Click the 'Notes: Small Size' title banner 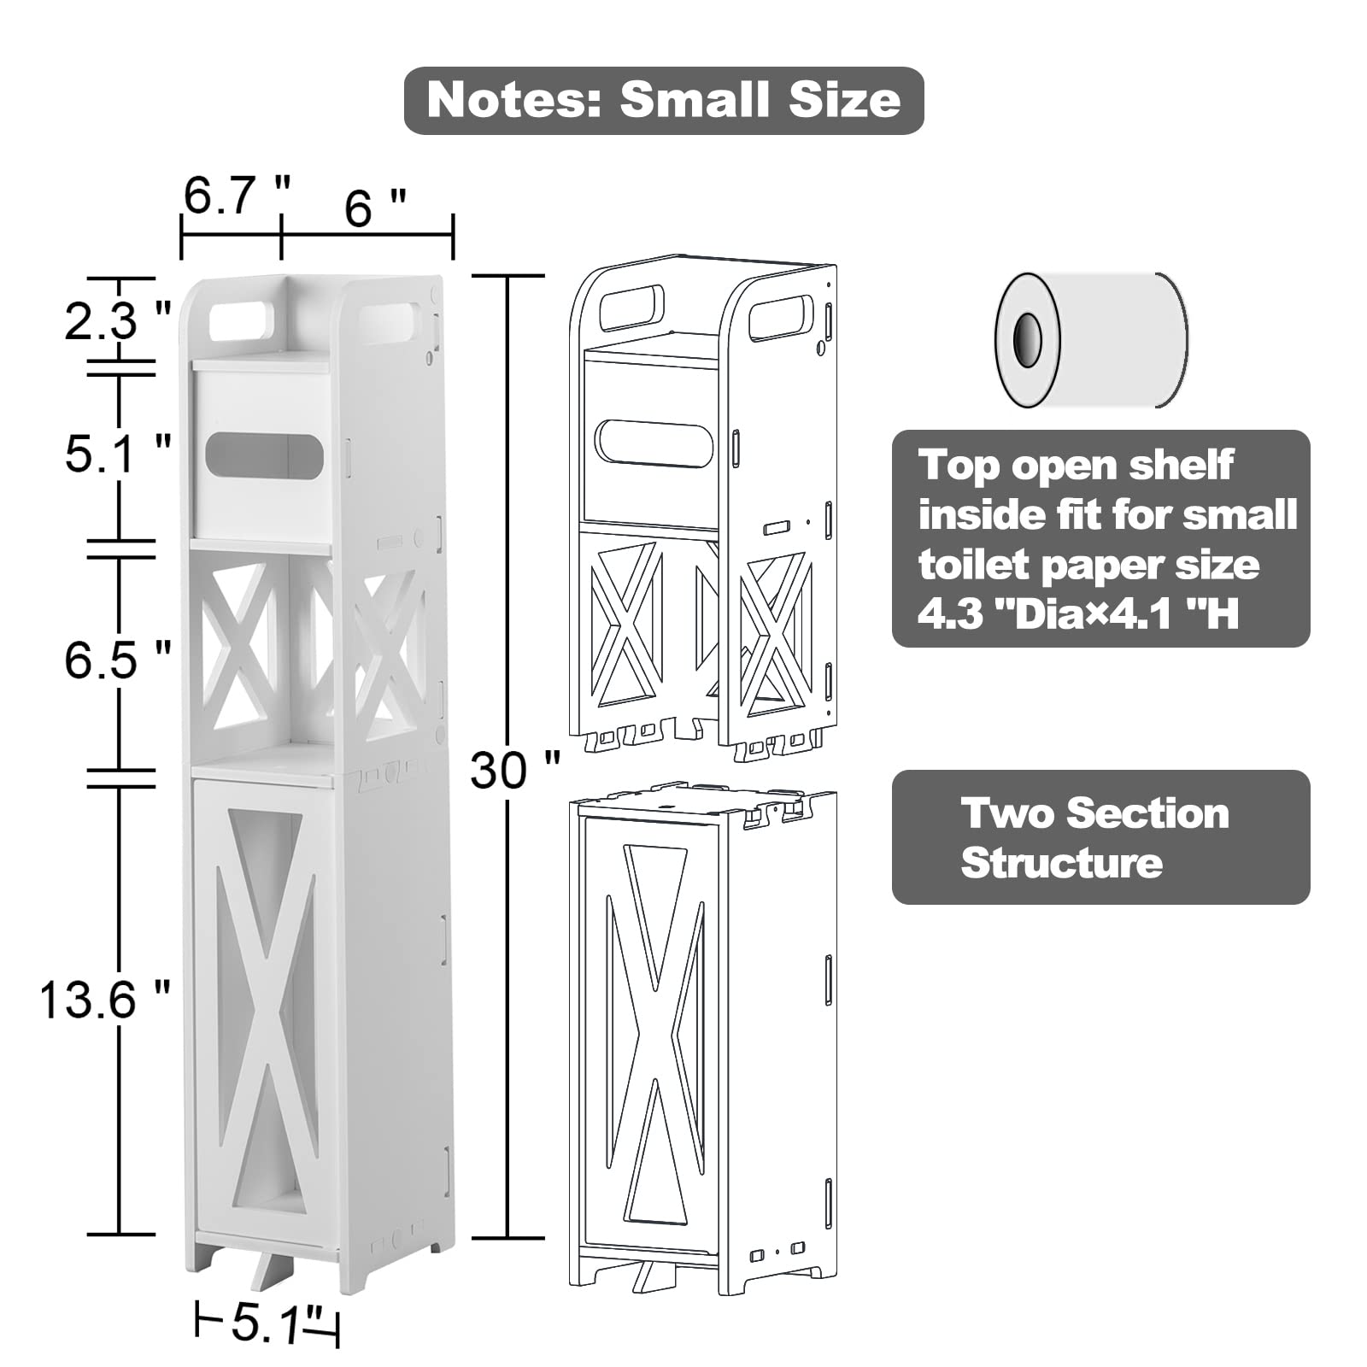tap(664, 100)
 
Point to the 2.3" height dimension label tap(118, 322)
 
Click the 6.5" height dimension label tap(118, 660)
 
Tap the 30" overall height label tap(515, 770)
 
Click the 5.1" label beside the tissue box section tap(118, 453)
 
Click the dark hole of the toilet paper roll tap(1027, 339)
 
